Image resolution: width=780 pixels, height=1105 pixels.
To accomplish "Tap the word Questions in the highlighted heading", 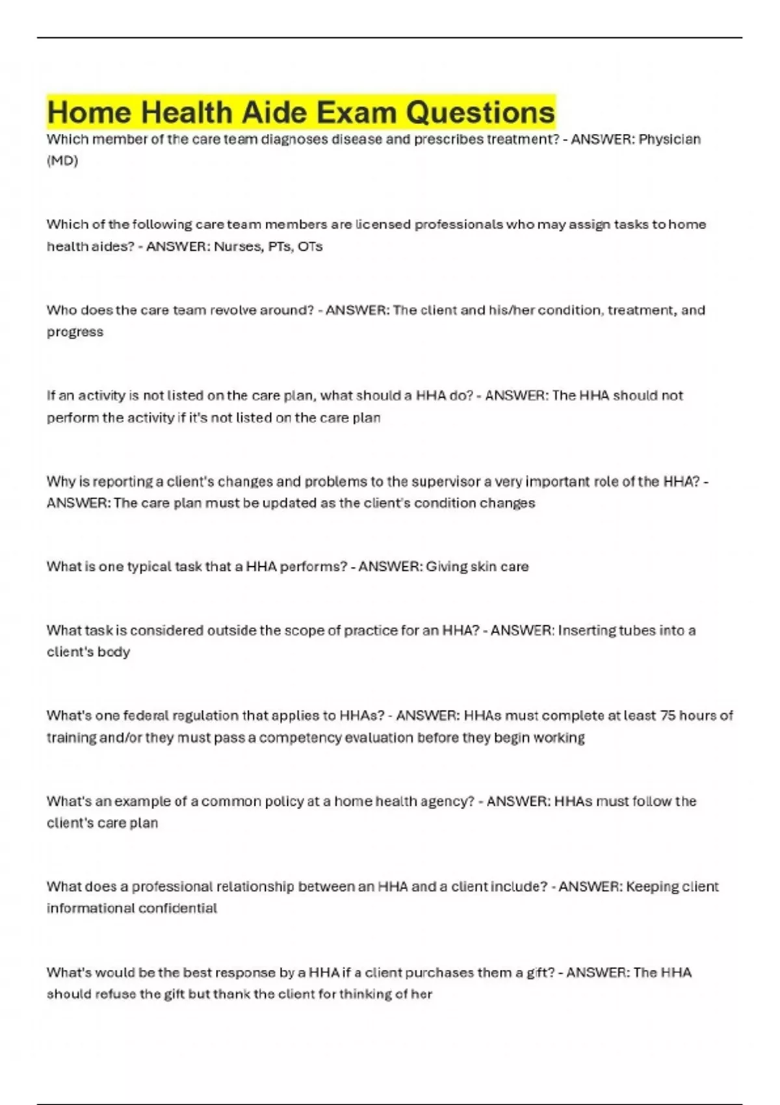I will [x=480, y=112].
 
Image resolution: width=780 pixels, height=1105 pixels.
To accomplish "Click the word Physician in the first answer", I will [x=669, y=139].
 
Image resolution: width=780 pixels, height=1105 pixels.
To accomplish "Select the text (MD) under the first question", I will [x=62, y=161].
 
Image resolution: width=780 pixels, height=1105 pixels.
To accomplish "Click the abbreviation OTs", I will [x=310, y=246].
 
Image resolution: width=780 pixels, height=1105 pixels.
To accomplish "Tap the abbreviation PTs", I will [x=279, y=246].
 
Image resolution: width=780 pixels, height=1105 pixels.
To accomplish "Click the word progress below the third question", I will [x=75, y=332].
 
